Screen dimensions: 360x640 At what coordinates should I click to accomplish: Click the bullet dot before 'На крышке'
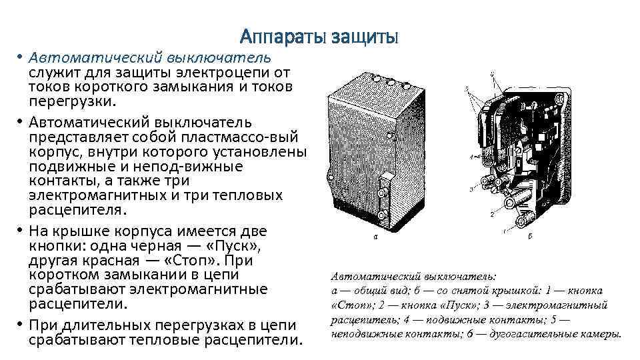20,231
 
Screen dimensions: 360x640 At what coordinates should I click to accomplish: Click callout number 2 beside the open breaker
491,215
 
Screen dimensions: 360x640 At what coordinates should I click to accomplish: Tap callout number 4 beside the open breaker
471,157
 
